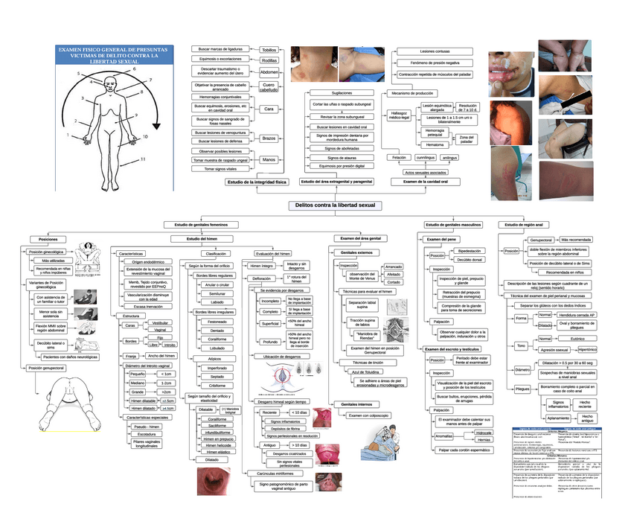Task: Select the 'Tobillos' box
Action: pos(269,50)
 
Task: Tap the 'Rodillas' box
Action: pos(269,60)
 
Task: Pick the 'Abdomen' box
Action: pos(269,72)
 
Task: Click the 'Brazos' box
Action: pos(269,138)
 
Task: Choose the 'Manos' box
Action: pos(269,159)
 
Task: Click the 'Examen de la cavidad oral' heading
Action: pos(425,182)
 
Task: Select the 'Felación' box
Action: pos(400,158)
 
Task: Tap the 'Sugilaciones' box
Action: pos(342,93)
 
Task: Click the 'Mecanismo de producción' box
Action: pos(412,94)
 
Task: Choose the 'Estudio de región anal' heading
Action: pos(525,225)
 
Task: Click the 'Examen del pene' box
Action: pos(442,239)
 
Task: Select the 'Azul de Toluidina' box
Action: pos(366,372)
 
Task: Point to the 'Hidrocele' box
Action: pos(484,433)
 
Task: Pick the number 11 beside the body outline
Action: pos(142,159)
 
